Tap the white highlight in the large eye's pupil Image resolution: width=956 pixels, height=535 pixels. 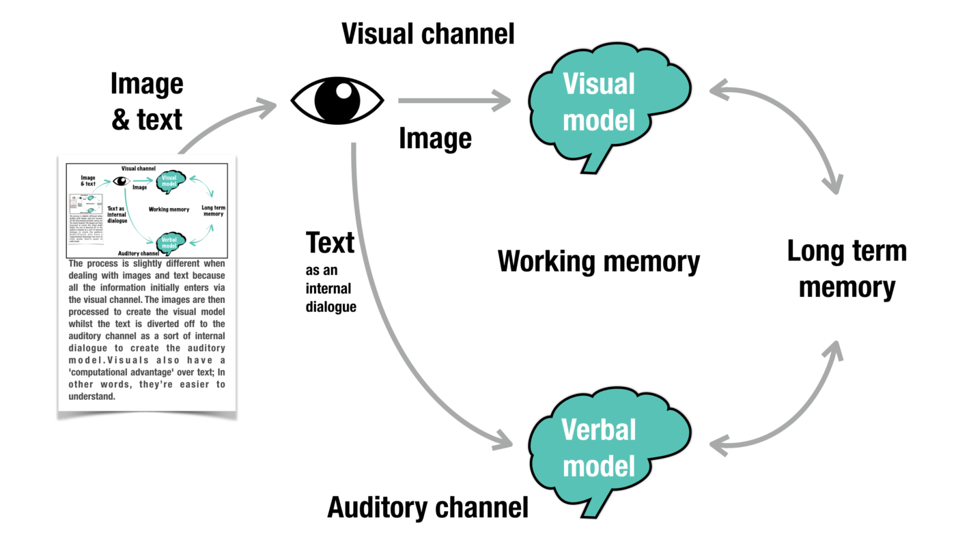tap(344, 90)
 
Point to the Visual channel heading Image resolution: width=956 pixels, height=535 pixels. tap(428, 33)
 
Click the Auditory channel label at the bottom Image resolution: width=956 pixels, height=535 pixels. tap(428, 508)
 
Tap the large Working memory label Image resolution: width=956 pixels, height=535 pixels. tap(599, 261)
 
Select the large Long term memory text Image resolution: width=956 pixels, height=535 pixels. tap(847, 269)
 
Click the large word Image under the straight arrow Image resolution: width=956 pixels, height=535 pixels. tap(435, 139)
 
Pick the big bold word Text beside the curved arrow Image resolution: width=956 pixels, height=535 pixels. tap(330, 243)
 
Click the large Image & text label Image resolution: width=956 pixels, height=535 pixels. tap(147, 102)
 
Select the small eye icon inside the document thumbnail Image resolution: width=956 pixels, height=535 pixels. tap(121, 181)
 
